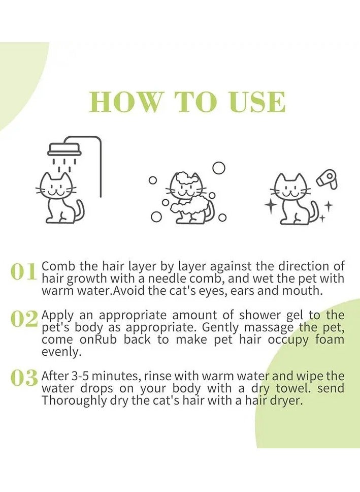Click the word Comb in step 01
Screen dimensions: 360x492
(58, 266)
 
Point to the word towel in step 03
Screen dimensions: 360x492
(293, 388)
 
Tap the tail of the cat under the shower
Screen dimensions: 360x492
(80, 210)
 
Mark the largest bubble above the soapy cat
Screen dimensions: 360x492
(218, 168)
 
